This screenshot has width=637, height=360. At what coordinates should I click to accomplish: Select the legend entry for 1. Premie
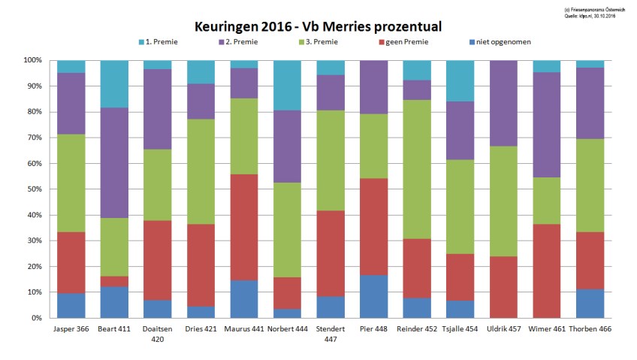click(x=161, y=41)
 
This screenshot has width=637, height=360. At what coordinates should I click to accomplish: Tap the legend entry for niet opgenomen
click(x=503, y=41)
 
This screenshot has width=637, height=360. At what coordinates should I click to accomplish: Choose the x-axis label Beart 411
click(x=114, y=329)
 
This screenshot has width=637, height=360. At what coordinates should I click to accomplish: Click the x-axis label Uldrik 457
click(x=504, y=329)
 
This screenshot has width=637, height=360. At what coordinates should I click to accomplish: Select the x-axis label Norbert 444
click(x=287, y=329)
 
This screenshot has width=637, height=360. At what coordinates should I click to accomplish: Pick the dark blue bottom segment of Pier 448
click(x=374, y=296)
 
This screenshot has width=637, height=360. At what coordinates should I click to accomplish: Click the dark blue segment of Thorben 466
click(x=590, y=304)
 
